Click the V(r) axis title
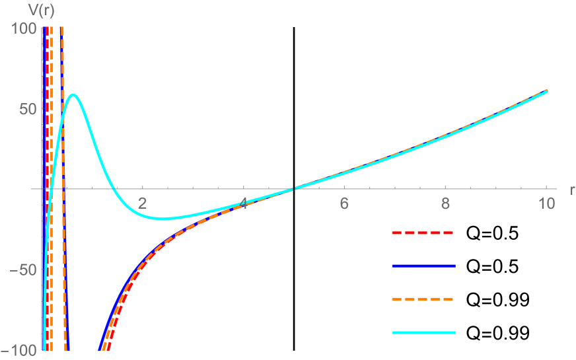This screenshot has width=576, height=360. click(x=24, y=9)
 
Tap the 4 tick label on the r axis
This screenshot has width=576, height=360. click(x=244, y=204)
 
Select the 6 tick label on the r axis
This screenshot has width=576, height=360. click(x=344, y=204)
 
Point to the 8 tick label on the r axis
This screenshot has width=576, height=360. click(x=445, y=204)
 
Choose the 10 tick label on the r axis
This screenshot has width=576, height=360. click(x=546, y=204)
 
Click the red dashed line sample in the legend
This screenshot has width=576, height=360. click(x=423, y=233)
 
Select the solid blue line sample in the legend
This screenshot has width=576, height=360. click(x=423, y=266)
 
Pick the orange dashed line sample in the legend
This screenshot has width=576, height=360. click(x=423, y=299)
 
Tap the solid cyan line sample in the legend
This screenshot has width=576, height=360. click(x=423, y=332)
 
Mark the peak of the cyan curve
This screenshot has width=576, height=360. click(x=73, y=94)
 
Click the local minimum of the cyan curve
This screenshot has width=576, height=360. click(x=162, y=219)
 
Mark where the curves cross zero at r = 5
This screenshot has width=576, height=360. click(x=295, y=189)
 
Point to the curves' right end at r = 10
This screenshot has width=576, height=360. click(x=547, y=90)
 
